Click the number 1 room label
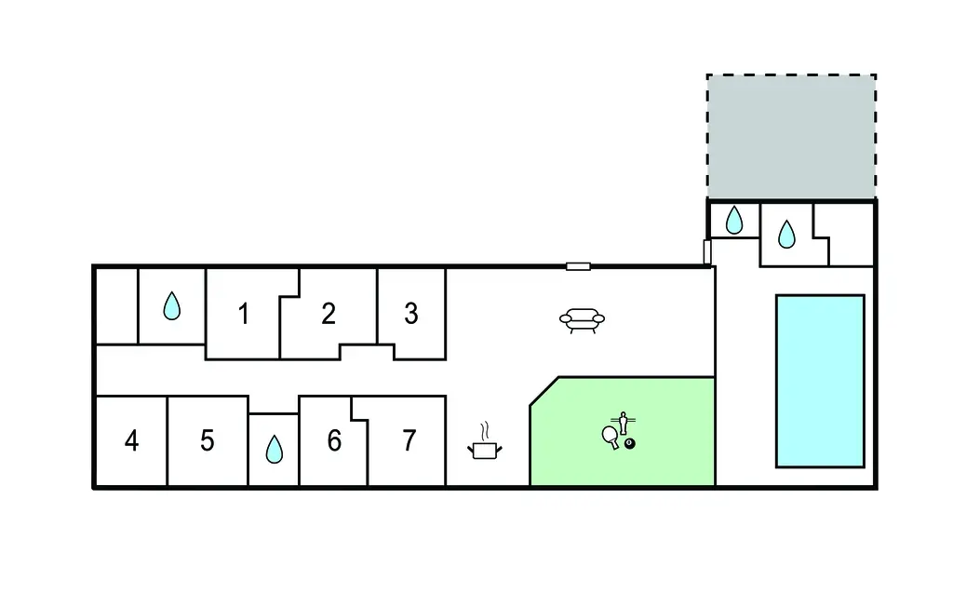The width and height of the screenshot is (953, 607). [244, 315]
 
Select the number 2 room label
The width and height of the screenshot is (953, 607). [329, 315]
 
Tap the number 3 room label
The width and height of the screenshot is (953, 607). [411, 315]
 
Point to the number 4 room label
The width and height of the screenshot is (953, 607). [131, 440]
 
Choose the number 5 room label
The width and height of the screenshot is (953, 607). [208, 440]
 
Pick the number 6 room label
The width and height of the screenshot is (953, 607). [334, 440]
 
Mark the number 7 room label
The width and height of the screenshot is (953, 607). [409, 440]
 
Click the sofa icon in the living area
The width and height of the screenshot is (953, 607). [582, 320]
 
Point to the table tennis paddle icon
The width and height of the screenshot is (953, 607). [611, 437]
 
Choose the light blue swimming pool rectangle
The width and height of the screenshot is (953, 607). [820, 381]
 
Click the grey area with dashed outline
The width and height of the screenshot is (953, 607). [791, 136]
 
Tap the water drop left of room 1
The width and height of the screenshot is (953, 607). [171, 306]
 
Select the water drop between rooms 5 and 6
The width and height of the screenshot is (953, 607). [274, 450]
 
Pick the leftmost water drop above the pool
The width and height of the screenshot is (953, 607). [734, 220]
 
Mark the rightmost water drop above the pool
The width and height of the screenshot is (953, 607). [786, 234]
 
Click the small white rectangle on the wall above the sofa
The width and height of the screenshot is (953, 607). [578, 266]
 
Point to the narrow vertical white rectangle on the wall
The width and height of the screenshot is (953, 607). [707, 251]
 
